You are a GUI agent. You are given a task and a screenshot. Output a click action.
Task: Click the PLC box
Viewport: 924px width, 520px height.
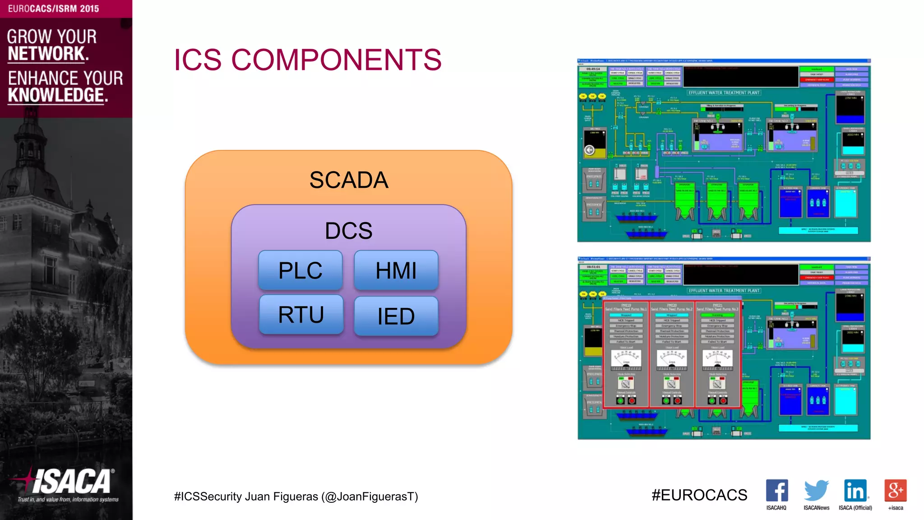(300, 270)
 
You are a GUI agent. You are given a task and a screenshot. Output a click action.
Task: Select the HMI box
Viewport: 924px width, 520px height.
(396, 270)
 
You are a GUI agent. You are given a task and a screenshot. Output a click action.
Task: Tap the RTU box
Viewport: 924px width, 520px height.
(301, 315)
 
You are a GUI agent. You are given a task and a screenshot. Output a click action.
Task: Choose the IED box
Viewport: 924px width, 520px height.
(396, 316)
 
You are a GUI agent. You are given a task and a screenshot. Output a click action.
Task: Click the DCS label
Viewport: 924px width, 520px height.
(348, 231)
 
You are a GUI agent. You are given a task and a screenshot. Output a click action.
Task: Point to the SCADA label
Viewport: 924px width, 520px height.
(348, 180)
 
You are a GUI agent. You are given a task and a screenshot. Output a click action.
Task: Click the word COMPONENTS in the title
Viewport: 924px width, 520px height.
(336, 60)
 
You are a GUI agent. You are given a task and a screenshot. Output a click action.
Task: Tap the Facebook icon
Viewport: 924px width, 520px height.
(776, 491)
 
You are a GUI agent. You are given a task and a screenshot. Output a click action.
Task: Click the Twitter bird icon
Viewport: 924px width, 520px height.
(816, 491)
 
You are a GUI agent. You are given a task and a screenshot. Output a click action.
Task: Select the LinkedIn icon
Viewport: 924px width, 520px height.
(855, 491)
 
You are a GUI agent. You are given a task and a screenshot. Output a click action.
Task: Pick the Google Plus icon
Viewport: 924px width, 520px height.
(895, 491)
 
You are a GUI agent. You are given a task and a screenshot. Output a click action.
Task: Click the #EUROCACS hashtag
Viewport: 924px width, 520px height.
(699, 495)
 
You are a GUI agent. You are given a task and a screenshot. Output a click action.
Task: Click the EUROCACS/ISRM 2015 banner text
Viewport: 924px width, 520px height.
(53, 9)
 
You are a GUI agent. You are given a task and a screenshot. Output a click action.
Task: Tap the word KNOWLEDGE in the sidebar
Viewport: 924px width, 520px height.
(58, 95)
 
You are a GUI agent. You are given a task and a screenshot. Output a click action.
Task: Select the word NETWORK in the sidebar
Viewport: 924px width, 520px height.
(48, 54)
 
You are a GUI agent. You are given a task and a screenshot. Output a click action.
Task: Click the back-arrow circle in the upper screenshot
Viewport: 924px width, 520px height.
(589, 150)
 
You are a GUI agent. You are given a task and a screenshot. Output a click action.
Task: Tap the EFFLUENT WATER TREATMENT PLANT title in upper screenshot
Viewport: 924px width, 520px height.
(724, 93)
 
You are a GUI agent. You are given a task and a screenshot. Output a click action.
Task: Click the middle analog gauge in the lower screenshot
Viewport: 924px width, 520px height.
(671, 358)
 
